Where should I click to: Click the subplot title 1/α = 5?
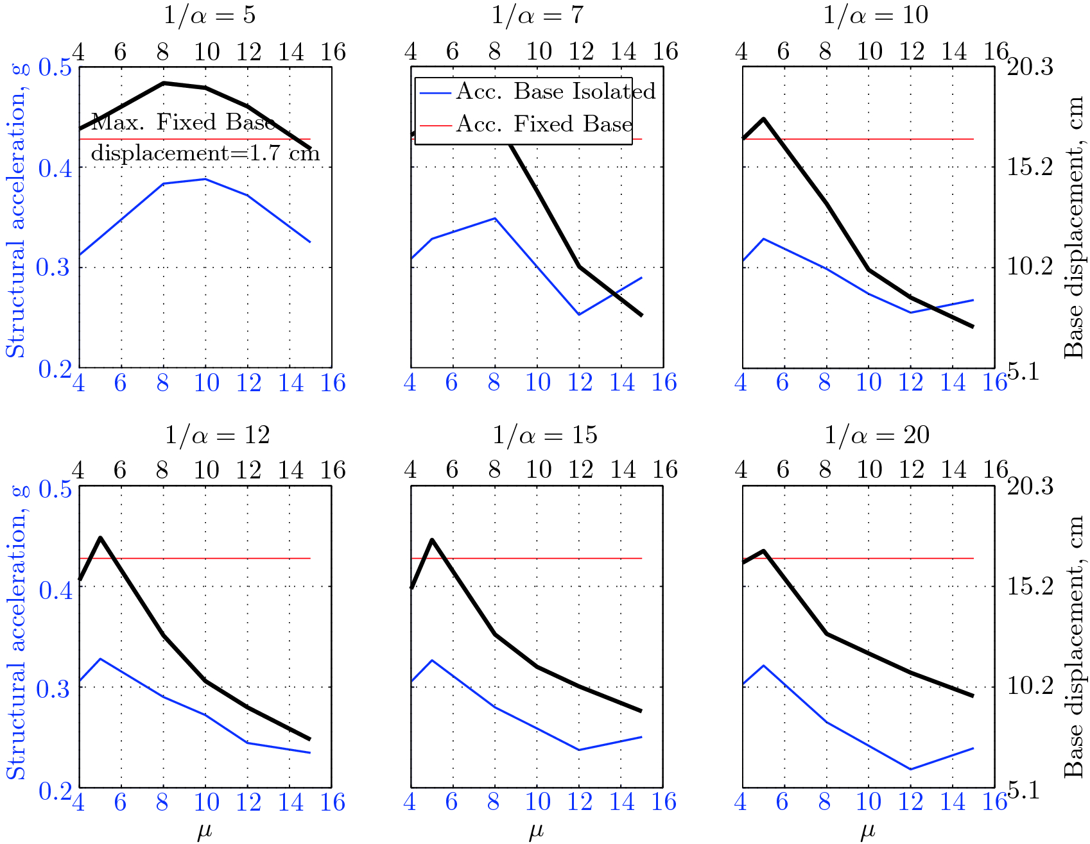[209, 15]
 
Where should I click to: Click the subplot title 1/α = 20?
[876, 435]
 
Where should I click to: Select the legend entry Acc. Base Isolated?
[555, 92]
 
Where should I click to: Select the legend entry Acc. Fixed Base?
[544, 124]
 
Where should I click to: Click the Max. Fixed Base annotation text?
[183, 122]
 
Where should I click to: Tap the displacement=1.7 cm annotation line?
[205, 153]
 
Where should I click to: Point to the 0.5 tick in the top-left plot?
[54, 67]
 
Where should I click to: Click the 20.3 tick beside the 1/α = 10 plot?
[1030, 67]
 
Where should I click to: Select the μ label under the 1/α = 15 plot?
[536, 832]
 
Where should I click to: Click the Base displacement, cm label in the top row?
[1073, 228]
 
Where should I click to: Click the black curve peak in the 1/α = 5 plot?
[164, 83]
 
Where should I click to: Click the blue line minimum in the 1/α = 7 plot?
[579, 314]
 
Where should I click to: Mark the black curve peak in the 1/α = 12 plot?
[101, 537]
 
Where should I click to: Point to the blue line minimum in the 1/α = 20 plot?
[910, 769]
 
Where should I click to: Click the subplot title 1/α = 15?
[544, 435]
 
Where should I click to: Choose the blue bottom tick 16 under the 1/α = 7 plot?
[664, 383]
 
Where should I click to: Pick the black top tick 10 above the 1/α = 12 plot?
[206, 470]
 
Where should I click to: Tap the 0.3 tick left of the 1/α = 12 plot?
[53, 688]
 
